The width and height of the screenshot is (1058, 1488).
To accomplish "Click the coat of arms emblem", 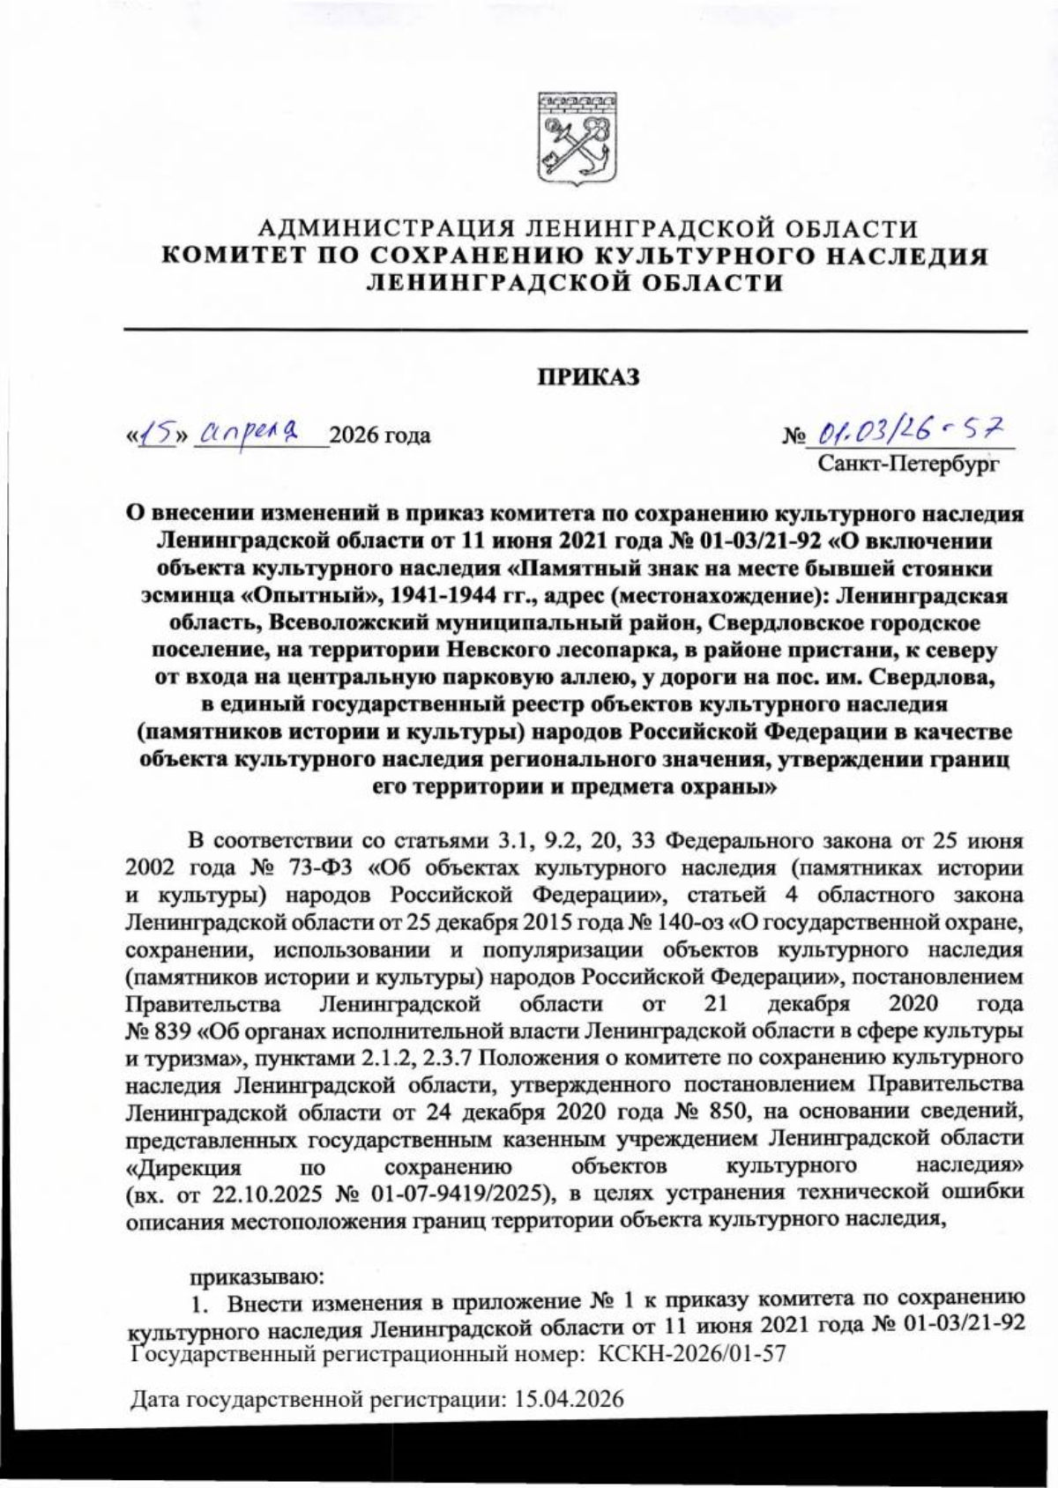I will point(576,137).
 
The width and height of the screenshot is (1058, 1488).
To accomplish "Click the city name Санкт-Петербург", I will point(908,462).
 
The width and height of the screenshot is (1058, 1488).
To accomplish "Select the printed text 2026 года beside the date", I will point(380,435).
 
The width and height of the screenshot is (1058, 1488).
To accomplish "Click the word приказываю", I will point(248,1275).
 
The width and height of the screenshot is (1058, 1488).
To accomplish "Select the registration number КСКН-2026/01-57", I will point(691,1353).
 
